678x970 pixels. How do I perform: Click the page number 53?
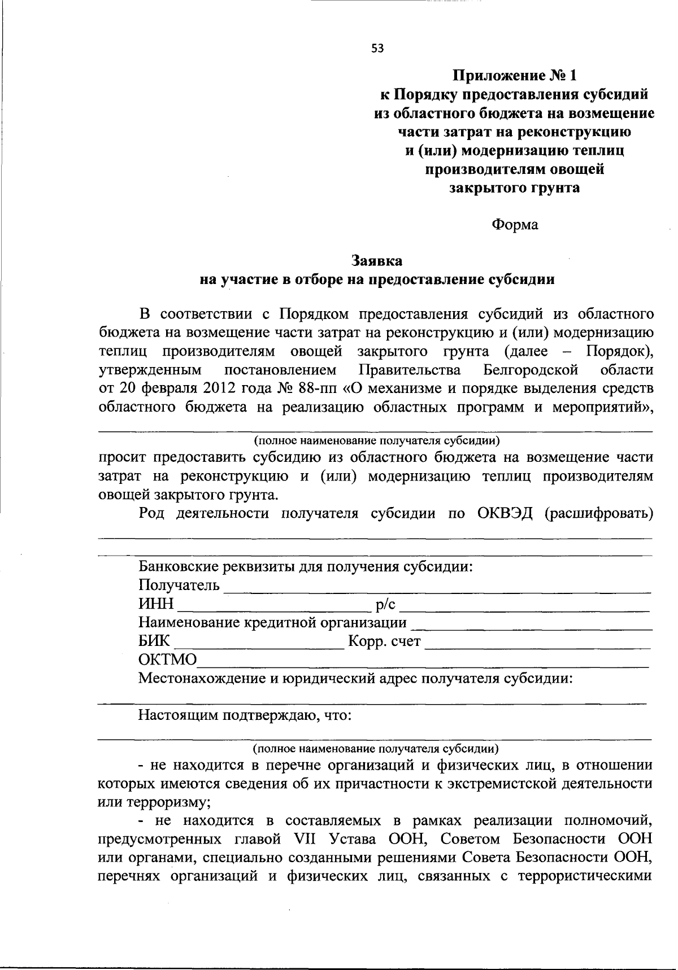click(377, 49)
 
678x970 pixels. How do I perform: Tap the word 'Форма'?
click(515, 225)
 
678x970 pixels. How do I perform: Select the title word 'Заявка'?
click(377, 261)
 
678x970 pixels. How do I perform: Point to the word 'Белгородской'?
click(531, 370)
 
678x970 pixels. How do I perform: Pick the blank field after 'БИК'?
click(259, 644)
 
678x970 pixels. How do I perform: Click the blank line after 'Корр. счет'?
click(537, 644)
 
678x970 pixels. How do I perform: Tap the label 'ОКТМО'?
click(168, 659)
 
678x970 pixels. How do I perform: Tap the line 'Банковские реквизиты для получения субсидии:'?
click(306, 566)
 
